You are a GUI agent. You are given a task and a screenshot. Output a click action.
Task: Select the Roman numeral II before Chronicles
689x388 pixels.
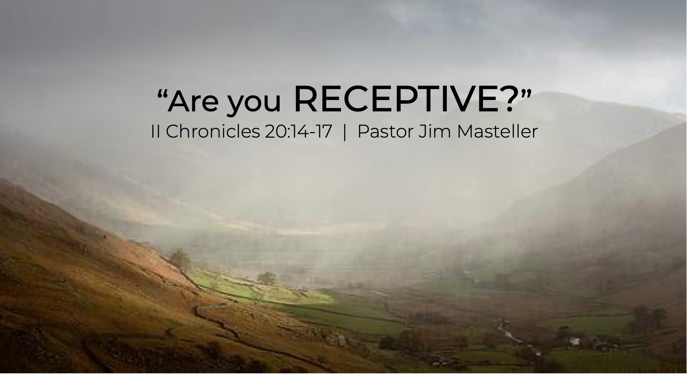tap(155, 131)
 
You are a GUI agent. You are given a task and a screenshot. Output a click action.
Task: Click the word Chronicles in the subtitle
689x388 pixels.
tap(213, 131)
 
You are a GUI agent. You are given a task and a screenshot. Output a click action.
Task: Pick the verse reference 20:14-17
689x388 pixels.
tap(299, 132)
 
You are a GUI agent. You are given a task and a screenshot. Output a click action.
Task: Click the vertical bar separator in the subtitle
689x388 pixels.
tap(345, 132)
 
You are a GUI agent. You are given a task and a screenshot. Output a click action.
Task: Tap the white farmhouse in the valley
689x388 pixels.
tap(575, 341)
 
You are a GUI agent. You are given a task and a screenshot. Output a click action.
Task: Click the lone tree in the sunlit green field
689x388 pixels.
tap(266, 278)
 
